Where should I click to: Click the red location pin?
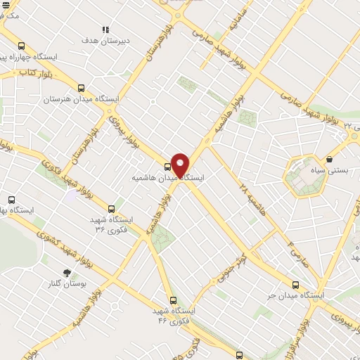tap(181, 165)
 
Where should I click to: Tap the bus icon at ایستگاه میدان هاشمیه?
tap(167, 167)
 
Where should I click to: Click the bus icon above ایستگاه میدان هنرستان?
tap(81, 89)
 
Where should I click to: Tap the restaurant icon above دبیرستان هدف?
tap(105, 30)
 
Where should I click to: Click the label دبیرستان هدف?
tap(98, 41)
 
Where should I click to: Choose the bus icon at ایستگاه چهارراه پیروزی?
tap(21, 42)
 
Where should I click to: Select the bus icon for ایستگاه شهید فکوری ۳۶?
tap(111, 208)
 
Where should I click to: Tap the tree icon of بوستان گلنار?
tap(67, 272)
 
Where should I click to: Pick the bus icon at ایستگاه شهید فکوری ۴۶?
tap(173, 300)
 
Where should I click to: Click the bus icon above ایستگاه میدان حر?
tap(295, 285)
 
